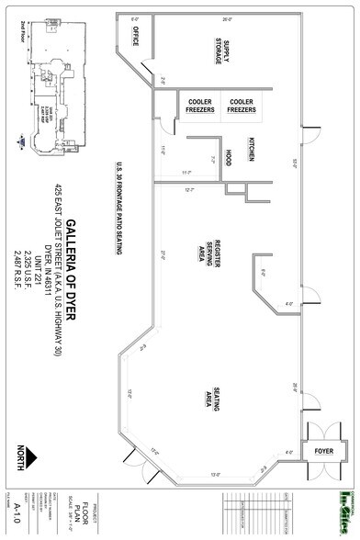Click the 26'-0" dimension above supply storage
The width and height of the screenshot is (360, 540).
227,17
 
